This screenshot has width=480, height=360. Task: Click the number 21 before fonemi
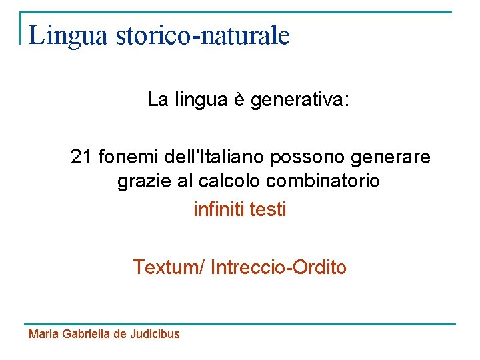coord(81,157)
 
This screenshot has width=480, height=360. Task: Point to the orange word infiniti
coord(218,209)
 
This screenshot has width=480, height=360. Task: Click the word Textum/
coord(169,267)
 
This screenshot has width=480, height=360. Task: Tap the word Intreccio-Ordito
coord(279,267)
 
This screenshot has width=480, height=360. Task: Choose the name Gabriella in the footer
coord(87,334)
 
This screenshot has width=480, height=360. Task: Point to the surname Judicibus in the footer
coord(155,334)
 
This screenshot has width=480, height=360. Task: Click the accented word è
coord(238,100)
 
